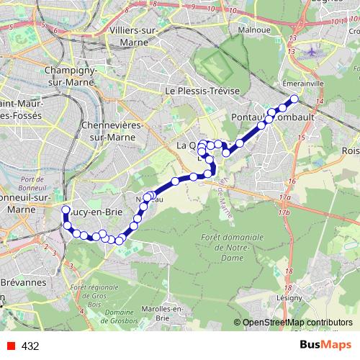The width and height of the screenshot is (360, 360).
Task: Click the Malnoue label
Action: (254, 31)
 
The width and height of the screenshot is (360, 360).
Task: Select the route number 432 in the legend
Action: (30, 346)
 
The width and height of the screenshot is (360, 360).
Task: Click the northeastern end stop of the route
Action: (294, 99)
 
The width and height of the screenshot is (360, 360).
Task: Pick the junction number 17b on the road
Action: (285, 212)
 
